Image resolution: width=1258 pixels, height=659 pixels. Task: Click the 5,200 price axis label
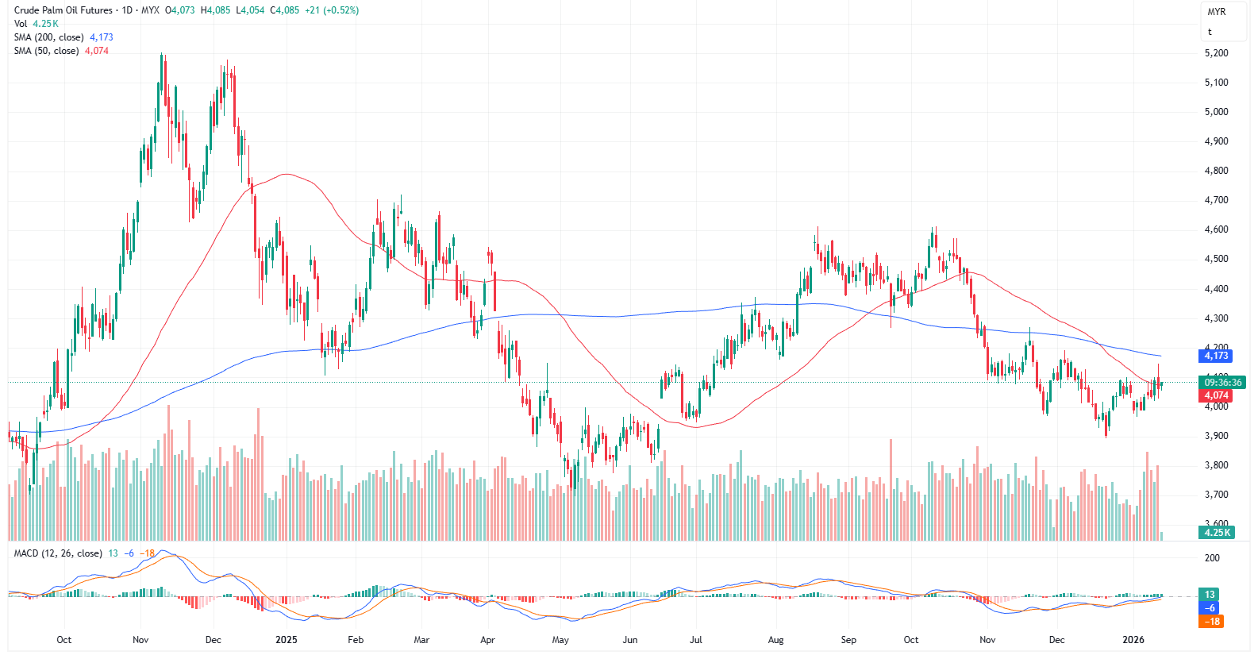[x=1216, y=53]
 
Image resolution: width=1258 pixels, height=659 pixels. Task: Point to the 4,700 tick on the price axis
[x=1216, y=200]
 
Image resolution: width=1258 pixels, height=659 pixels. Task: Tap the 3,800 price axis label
[x=1216, y=465]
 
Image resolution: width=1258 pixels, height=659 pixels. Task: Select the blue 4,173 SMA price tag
[x=1216, y=356]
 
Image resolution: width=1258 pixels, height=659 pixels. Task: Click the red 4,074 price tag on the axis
[x=1216, y=395]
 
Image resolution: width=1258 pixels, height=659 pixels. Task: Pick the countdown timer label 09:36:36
[x=1222, y=383]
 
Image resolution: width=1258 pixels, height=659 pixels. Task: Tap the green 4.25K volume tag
[x=1217, y=533]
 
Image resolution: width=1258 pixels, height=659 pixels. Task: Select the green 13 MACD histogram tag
[x=1210, y=595]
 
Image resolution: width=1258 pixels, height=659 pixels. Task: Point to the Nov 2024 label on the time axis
[x=140, y=640]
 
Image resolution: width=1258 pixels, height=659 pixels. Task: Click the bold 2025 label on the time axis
[x=286, y=640]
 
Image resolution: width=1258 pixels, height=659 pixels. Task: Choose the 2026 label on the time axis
[x=1133, y=640]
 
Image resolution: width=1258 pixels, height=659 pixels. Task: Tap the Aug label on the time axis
[x=775, y=640]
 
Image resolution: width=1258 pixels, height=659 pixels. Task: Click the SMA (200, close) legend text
[x=48, y=37]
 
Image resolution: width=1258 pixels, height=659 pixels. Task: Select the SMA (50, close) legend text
[x=46, y=51]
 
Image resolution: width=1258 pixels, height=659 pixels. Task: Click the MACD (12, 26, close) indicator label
[x=58, y=553]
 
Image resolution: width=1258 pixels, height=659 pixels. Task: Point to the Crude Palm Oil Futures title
[x=63, y=10]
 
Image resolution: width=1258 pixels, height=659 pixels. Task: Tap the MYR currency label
[x=1216, y=12]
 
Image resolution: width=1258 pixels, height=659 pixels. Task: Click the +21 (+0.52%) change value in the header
[x=331, y=10]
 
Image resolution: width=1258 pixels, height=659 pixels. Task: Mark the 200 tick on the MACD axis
[x=1212, y=558]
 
